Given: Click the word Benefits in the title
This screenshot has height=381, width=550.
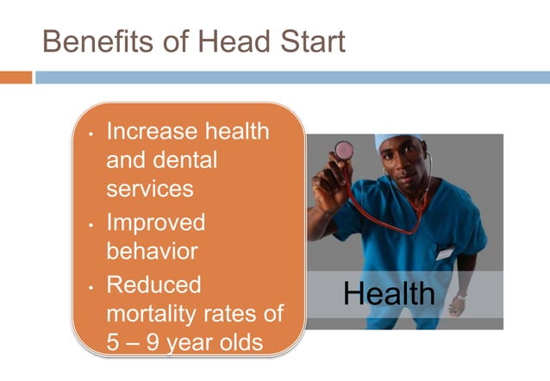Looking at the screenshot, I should click(x=93, y=41).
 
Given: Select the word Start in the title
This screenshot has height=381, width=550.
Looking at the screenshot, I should click(x=308, y=41).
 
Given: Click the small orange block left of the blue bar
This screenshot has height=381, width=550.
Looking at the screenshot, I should click(x=16, y=78).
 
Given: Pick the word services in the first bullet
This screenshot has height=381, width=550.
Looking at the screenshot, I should click(x=149, y=189).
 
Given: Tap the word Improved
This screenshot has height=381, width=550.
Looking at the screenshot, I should click(x=155, y=222).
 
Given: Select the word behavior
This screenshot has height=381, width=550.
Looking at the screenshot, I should click(x=151, y=252).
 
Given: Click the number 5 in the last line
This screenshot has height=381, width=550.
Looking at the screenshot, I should click(x=113, y=342).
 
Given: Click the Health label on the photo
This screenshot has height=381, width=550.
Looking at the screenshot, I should click(x=389, y=294).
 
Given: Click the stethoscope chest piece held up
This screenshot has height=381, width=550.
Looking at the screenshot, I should click(x=344, y=150).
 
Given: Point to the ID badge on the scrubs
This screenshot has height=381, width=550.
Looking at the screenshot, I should click(x=445, y=253).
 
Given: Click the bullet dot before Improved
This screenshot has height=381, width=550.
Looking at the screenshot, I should click(x=91, y=224).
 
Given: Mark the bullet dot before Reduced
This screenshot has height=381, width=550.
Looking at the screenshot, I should click(x=91, y=285).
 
